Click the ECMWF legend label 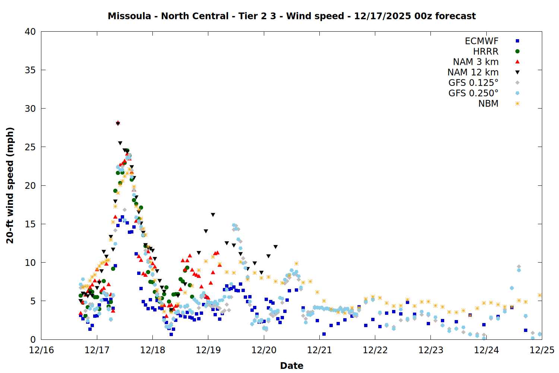point(481,41)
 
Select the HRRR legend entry point(486,51)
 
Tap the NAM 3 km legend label point(476,62)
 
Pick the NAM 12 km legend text point(473,72)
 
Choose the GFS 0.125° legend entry point(473,83)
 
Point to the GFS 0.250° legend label point(473,93)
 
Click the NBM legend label point(488,104)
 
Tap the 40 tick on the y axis point(30,32)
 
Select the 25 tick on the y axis point(30,147)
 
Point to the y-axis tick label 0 point(33,339)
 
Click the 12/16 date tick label point(41,350)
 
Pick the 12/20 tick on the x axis point(264,350)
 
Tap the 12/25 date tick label point(542,350)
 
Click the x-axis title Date point(291,366)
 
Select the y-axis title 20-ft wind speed point(10,185)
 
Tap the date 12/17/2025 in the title point(382,16)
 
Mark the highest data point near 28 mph point(118,123)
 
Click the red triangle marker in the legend point(517,62)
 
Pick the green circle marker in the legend point(517,51)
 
